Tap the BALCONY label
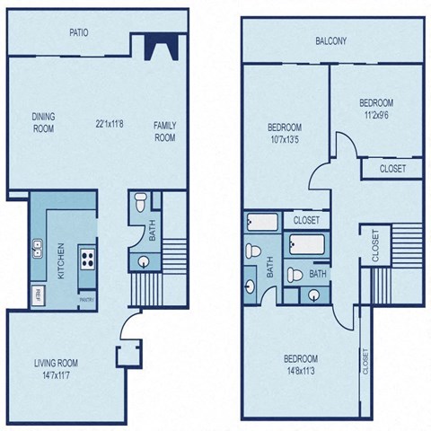click(x=331, y=41)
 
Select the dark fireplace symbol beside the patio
click(x=158, y=46)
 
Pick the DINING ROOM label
click(x=43, y=123)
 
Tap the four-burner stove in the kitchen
click(x=89, y=259)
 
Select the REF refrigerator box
click(x=39, y=293)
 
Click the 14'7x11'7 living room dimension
click(x=57, y=376)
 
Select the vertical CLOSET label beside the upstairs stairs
click(x=374, y=243)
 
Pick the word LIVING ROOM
click(x=57, y=363)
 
